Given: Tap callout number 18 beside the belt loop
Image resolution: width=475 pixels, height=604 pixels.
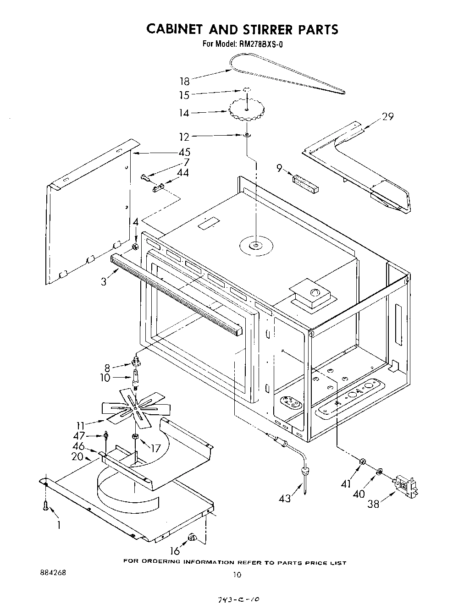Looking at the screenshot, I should click(184, 82).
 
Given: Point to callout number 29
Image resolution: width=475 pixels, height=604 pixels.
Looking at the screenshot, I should click(387, 116).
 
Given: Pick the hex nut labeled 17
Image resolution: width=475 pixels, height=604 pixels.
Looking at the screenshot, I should click(135, 436).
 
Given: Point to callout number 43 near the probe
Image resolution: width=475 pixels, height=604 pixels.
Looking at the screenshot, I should click(285, 498).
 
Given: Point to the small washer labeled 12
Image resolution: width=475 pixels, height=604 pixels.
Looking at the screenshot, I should click(247, 135).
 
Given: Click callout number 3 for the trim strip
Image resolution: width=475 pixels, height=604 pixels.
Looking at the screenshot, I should click(104, 281).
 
